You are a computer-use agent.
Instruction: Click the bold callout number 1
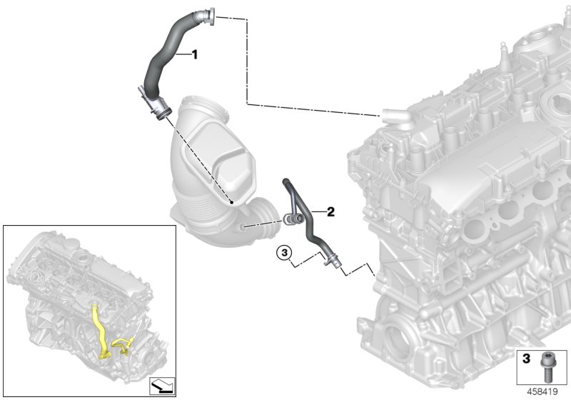193,54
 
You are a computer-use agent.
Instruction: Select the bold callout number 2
330,211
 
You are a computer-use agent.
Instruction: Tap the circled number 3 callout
285,251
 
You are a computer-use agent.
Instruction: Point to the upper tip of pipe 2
287,184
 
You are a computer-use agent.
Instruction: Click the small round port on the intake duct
244,227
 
